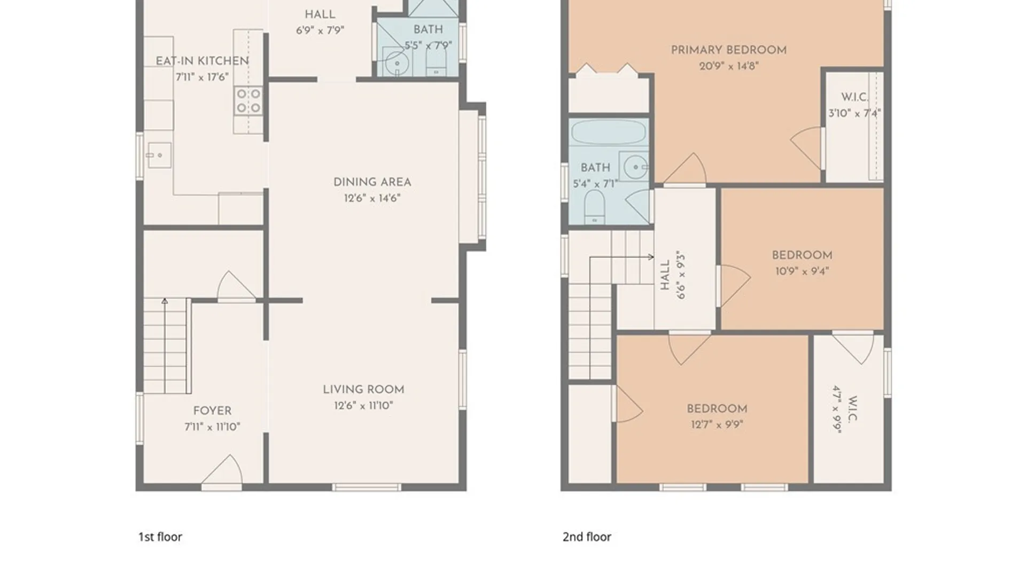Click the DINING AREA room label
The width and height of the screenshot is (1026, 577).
[x=372, y=182]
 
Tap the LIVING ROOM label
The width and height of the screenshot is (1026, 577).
[x=363, y=389]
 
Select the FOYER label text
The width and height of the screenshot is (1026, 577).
[x=212, y=411]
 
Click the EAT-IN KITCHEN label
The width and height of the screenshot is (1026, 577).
[x=202, y=61]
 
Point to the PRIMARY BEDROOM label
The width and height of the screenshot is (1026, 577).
[x=729, y=50]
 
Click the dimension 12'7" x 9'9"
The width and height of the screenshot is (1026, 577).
[x=717, y=425]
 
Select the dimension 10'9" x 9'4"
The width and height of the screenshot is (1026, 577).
[x=802, y=271]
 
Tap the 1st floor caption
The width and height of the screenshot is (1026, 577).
[x=160, y=537]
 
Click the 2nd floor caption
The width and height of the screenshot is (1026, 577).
[x=587, y=537]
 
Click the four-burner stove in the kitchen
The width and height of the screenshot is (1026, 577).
[x=248, y=101]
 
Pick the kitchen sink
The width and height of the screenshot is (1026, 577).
[x=159, y=155]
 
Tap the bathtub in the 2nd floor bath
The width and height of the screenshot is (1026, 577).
[x=609, y=131]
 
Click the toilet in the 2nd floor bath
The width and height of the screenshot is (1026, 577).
[x=594, y=207]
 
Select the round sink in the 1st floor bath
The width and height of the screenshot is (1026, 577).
[x=397, y=63]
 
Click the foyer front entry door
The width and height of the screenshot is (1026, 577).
[x=222, y=472]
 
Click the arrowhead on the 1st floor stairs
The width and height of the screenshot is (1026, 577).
[x=165, y=301]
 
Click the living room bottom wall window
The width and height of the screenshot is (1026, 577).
[x=367, y=487]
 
